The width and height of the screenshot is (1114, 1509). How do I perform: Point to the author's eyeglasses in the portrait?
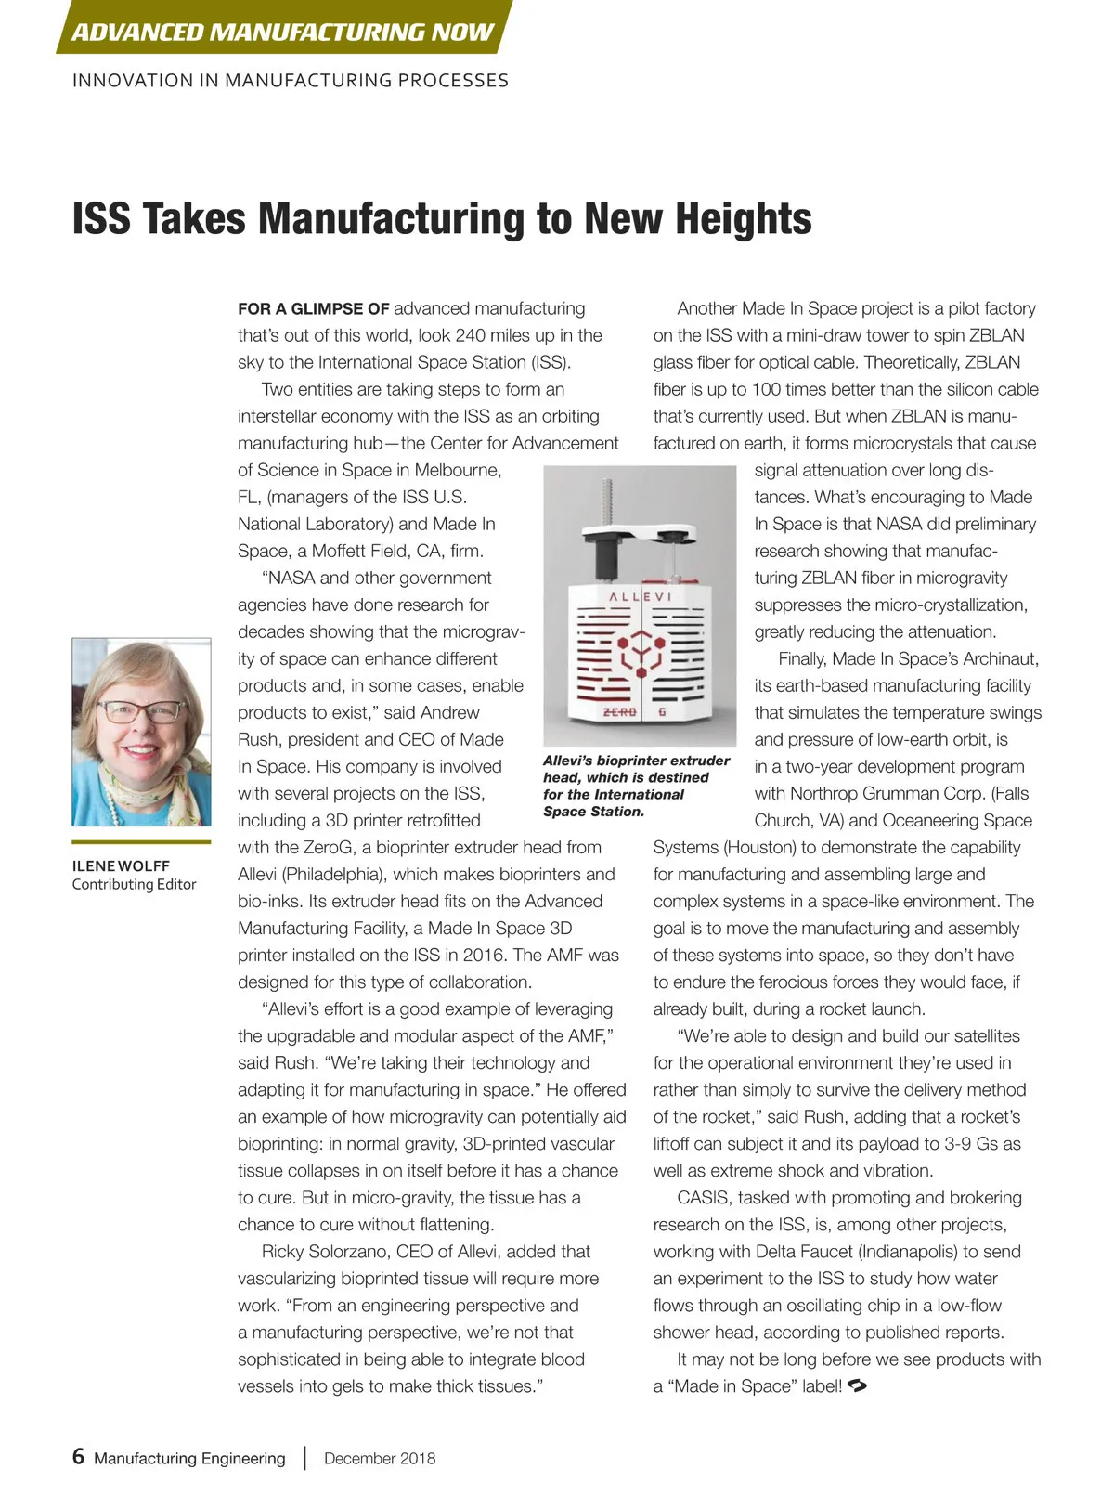coord(141,712)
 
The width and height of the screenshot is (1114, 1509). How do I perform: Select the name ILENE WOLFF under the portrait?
coord(121,865)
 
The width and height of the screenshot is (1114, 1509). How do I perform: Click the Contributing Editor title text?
coord(134,884)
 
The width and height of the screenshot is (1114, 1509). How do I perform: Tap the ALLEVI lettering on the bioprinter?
coord(640,596)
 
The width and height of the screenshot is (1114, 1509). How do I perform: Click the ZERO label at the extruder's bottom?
coord(620,712)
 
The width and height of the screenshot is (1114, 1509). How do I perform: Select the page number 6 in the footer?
coord(78,1456)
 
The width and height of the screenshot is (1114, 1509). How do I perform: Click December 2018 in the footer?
coord(380,1458)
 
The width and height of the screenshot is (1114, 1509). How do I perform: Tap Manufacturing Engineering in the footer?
coord(189,1458)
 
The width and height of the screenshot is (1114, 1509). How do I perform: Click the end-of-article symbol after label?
coord(858,1386)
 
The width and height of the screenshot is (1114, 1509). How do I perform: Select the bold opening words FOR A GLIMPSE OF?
coord(313,308)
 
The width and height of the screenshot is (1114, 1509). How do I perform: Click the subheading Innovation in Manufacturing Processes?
coord(291,81)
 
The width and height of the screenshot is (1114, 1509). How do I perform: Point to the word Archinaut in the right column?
coord(1000,658)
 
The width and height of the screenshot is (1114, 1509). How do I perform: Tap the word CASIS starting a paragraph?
coord(703,1198)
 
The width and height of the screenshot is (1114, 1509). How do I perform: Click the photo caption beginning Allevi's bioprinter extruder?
coord(636,786)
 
